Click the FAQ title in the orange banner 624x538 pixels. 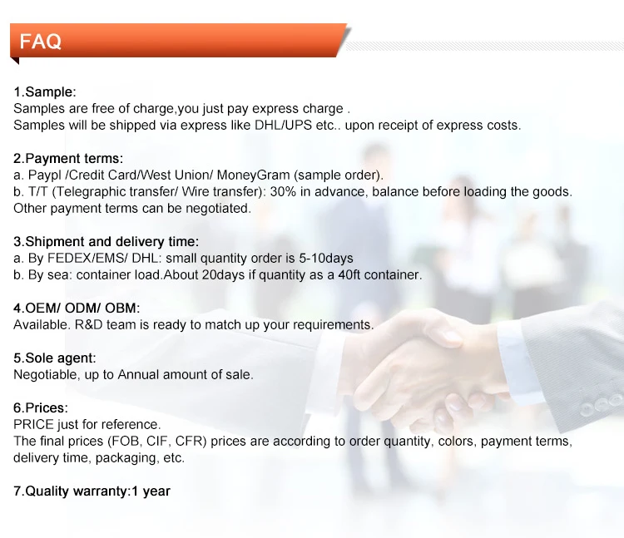40,41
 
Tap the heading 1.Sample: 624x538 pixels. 45,91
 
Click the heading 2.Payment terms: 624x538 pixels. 68,159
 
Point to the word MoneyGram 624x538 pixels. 253,175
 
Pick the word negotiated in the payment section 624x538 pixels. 218,209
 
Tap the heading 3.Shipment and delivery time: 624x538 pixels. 106,242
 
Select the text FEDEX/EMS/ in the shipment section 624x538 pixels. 87,259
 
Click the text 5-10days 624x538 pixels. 326,259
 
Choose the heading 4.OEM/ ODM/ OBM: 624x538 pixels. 77,308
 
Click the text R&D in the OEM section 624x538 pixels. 89,325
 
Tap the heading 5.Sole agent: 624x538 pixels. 55,358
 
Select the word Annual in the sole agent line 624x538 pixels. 138,374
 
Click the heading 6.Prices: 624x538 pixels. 41,408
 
